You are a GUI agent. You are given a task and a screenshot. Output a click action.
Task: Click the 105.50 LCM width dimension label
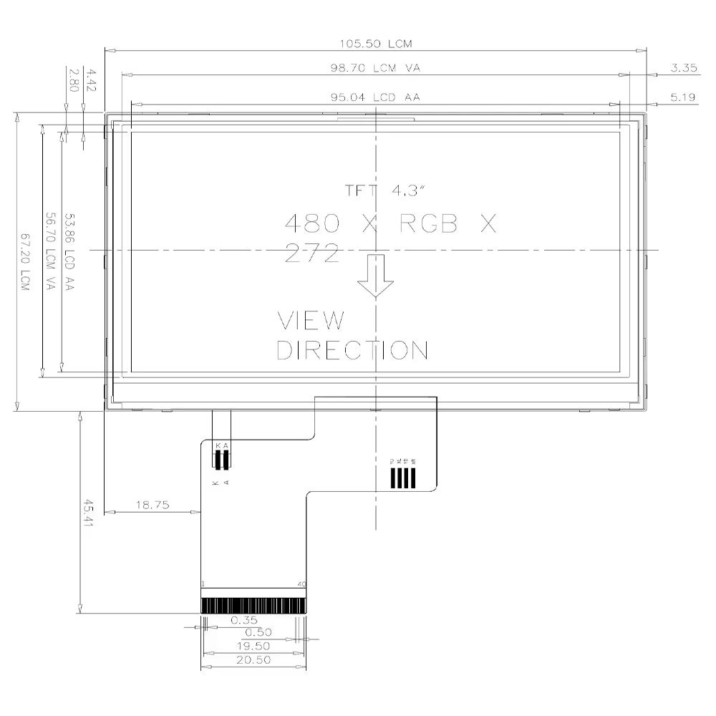point(375,44)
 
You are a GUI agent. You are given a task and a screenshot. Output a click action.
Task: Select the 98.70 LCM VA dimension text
point(375,69)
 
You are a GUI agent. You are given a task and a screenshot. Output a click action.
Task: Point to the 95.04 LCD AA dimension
point(375,97)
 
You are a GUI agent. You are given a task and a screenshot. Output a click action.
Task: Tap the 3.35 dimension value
point(684,69)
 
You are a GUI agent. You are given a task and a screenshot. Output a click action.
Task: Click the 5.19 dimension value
point(684,97)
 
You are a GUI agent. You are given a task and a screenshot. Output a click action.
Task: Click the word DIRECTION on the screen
point(352,350)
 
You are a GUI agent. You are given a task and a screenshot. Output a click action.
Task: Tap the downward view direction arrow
point(376,275)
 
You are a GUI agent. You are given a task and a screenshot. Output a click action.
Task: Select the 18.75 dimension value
point(152,505)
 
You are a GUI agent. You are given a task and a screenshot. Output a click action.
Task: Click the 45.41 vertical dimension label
point(88,513)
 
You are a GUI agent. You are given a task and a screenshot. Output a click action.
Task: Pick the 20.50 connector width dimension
point(253,660)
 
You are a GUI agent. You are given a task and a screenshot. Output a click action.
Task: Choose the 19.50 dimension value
point(253,646)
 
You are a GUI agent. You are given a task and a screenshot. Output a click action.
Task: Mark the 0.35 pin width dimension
point(244,620)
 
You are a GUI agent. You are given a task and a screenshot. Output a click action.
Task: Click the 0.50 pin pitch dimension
point(258,633)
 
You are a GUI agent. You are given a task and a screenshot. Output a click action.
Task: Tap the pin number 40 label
point(301,584)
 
